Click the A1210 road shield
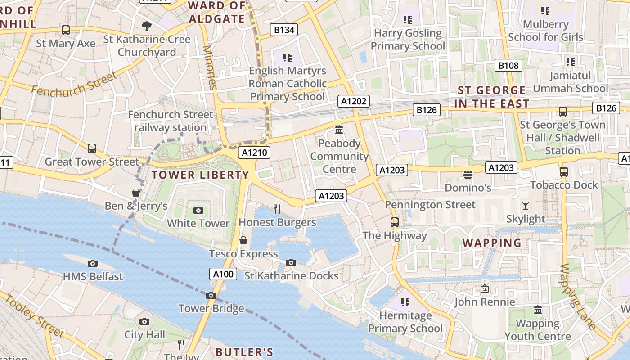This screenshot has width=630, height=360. pyautogui.click(x=255, y=153)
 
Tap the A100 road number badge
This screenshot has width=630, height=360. pyautogui.click(x=223, y=274)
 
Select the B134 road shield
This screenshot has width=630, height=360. pyautogui.click(x=284, y=30)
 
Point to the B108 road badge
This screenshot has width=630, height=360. pyautogui.click(x=508, y=65)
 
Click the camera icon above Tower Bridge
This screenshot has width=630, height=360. pyautogui.click(x=211, y=296)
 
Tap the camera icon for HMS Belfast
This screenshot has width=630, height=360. pyautogui.click(x=93, y=263)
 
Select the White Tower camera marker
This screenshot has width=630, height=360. pyautogui.click(x=198, y=210)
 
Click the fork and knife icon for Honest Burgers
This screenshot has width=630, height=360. pyautogui.click(x=277, y=209)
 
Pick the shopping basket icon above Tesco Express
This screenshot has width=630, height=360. pyautogui.click(x=243, y=240)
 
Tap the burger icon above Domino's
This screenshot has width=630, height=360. pyautogui.click(x=468, y=174)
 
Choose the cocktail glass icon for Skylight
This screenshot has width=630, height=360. pyautogui.click(x=526, y=206)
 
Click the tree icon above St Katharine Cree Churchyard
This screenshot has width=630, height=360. pyautogui.click(x=146, y=26)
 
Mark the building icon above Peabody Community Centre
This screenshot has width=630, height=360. pyautogui.click(x=339, y=130)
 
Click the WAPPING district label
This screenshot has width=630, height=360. pyautogui.click(x=492, y=243)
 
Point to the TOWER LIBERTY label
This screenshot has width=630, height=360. pyautogui.click(x=200, y=175)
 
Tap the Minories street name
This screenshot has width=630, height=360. pyautogui.click(x=210, y=67)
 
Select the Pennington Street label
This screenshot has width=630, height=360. pyautogui.click(x=430, y=205)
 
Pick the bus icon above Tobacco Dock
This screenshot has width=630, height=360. pyautogui.click(x=563, y=171)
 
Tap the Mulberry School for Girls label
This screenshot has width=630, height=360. pyautogui.click(x=545, y=31)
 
